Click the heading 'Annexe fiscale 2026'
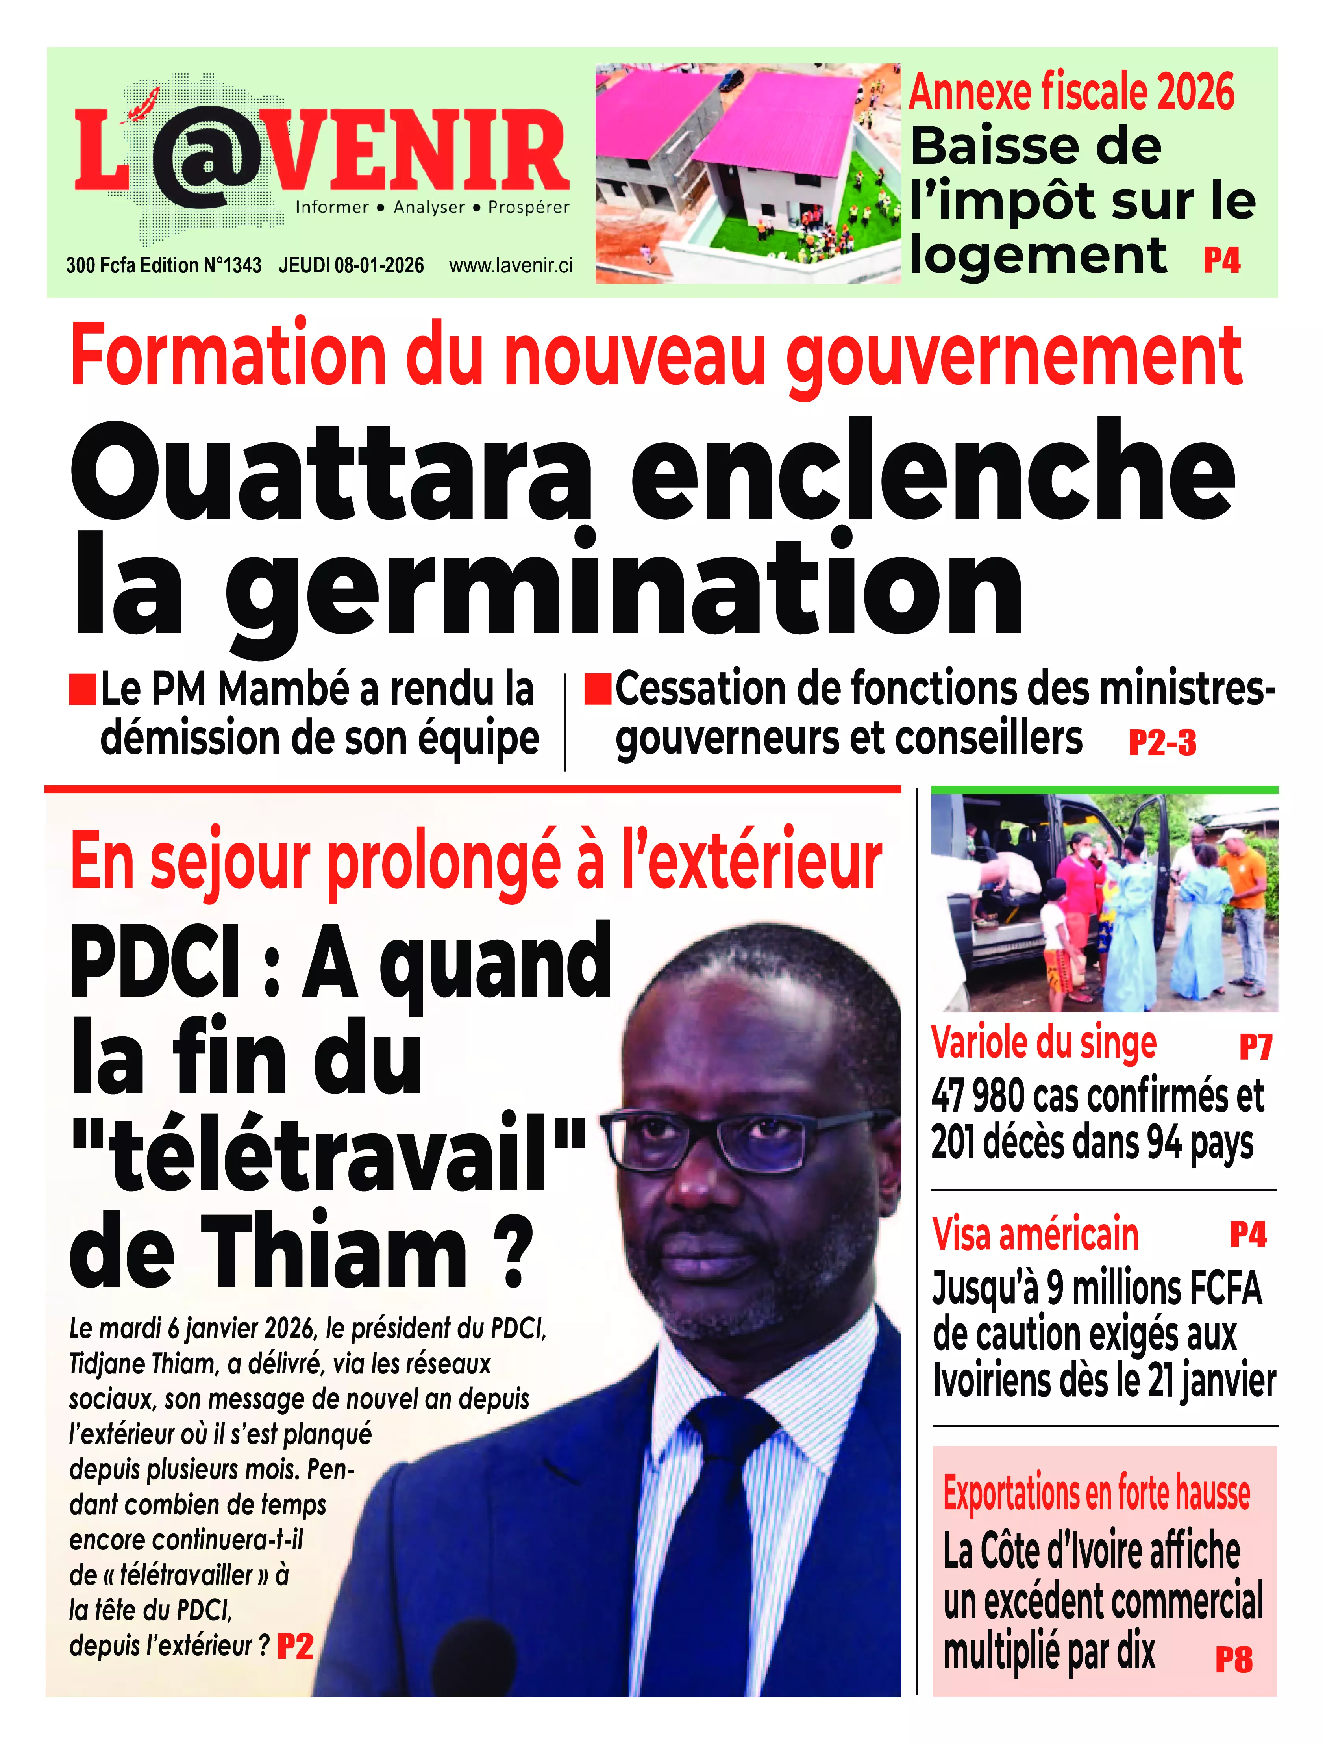1071,92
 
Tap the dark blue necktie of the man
714,1546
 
